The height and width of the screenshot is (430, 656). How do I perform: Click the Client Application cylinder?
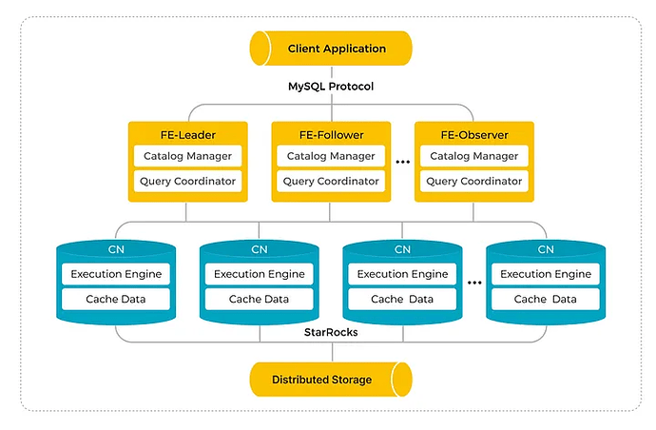tap(330, 48)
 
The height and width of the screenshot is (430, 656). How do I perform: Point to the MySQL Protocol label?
tap(331, 87)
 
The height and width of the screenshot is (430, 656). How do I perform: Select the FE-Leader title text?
tap(187, 133)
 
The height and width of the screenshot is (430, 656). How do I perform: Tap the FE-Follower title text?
tap(330, 133)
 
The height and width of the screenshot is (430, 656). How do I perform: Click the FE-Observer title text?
tap(473, 133)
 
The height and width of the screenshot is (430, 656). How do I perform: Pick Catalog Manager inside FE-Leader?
tap(187, 156)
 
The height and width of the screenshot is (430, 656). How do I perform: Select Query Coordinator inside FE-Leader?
tap(187, 181)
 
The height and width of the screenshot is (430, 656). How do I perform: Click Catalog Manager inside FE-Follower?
tap(330, 156)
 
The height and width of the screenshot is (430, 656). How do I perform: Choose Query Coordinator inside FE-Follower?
tap(330, 181)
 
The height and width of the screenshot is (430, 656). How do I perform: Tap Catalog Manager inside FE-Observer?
tap(473, 156)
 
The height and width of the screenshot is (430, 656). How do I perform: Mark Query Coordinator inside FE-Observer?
tap(473, 181)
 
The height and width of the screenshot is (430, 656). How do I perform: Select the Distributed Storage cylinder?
tap(330, 380)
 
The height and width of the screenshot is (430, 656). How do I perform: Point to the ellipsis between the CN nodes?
tap(473, 283)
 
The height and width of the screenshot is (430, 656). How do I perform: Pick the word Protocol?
tap(348, 87)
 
